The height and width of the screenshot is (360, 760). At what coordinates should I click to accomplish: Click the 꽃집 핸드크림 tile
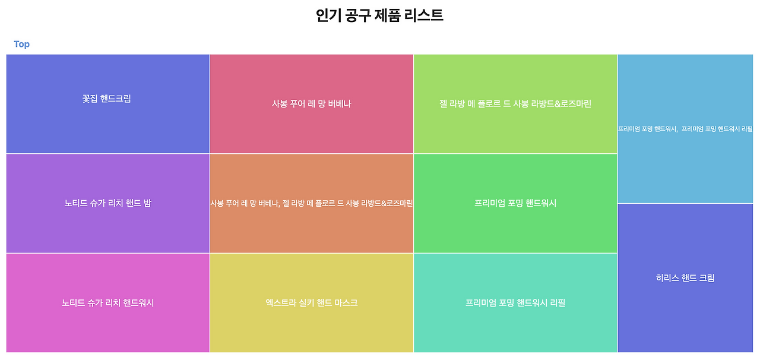pyautogui.click(x=107, y=103)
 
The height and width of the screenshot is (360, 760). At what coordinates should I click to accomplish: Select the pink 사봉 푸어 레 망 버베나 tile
pyautogui.click(x=311, y=104)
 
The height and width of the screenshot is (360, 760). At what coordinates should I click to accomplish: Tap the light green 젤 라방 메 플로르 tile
pyautogui.click(x=515, y=104)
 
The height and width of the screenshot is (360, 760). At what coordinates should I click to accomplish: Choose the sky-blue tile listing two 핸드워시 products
pyautogui.click(x=685, y=128)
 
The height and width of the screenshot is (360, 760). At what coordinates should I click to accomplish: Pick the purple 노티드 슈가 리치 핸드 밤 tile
pyautogui.click(x=107, y=203)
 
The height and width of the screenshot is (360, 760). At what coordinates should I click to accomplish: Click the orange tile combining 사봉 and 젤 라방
pyautogui.click(x=311, y=203)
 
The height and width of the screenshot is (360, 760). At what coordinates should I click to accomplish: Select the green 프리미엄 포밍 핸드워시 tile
pyautogui.click(x=515, y=203)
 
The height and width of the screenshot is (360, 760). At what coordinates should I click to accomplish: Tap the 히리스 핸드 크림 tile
pyautogui.click(x=685, y=277)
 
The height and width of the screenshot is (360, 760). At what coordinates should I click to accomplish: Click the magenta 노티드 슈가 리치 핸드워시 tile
pyautogui.click(x=107, y=302)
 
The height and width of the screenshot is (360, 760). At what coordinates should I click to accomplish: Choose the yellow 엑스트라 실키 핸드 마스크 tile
pyautogui.click(x=311, y=302)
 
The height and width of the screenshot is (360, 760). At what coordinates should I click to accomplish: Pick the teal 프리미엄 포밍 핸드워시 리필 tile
pyautogui.click(x=515, y=302)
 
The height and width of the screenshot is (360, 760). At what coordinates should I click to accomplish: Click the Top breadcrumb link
pyautogui.click(x=21, y=44)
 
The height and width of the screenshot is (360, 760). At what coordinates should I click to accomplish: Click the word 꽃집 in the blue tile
pyautogui.click(x=90, y=99)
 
